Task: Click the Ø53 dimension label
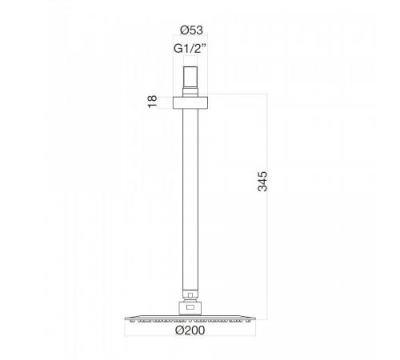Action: pos(191,30)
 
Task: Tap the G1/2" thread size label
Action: pos(190,49)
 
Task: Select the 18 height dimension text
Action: pos(152,102)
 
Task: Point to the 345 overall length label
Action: pos(262,182)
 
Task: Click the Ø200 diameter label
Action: pos(190,330)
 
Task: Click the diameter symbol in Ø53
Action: pos(185,30)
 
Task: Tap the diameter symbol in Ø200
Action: pos(180,330)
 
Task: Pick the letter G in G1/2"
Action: pos(178,49)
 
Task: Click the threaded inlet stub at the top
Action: pos(190,78)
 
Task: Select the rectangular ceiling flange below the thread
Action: pos(190,102)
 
